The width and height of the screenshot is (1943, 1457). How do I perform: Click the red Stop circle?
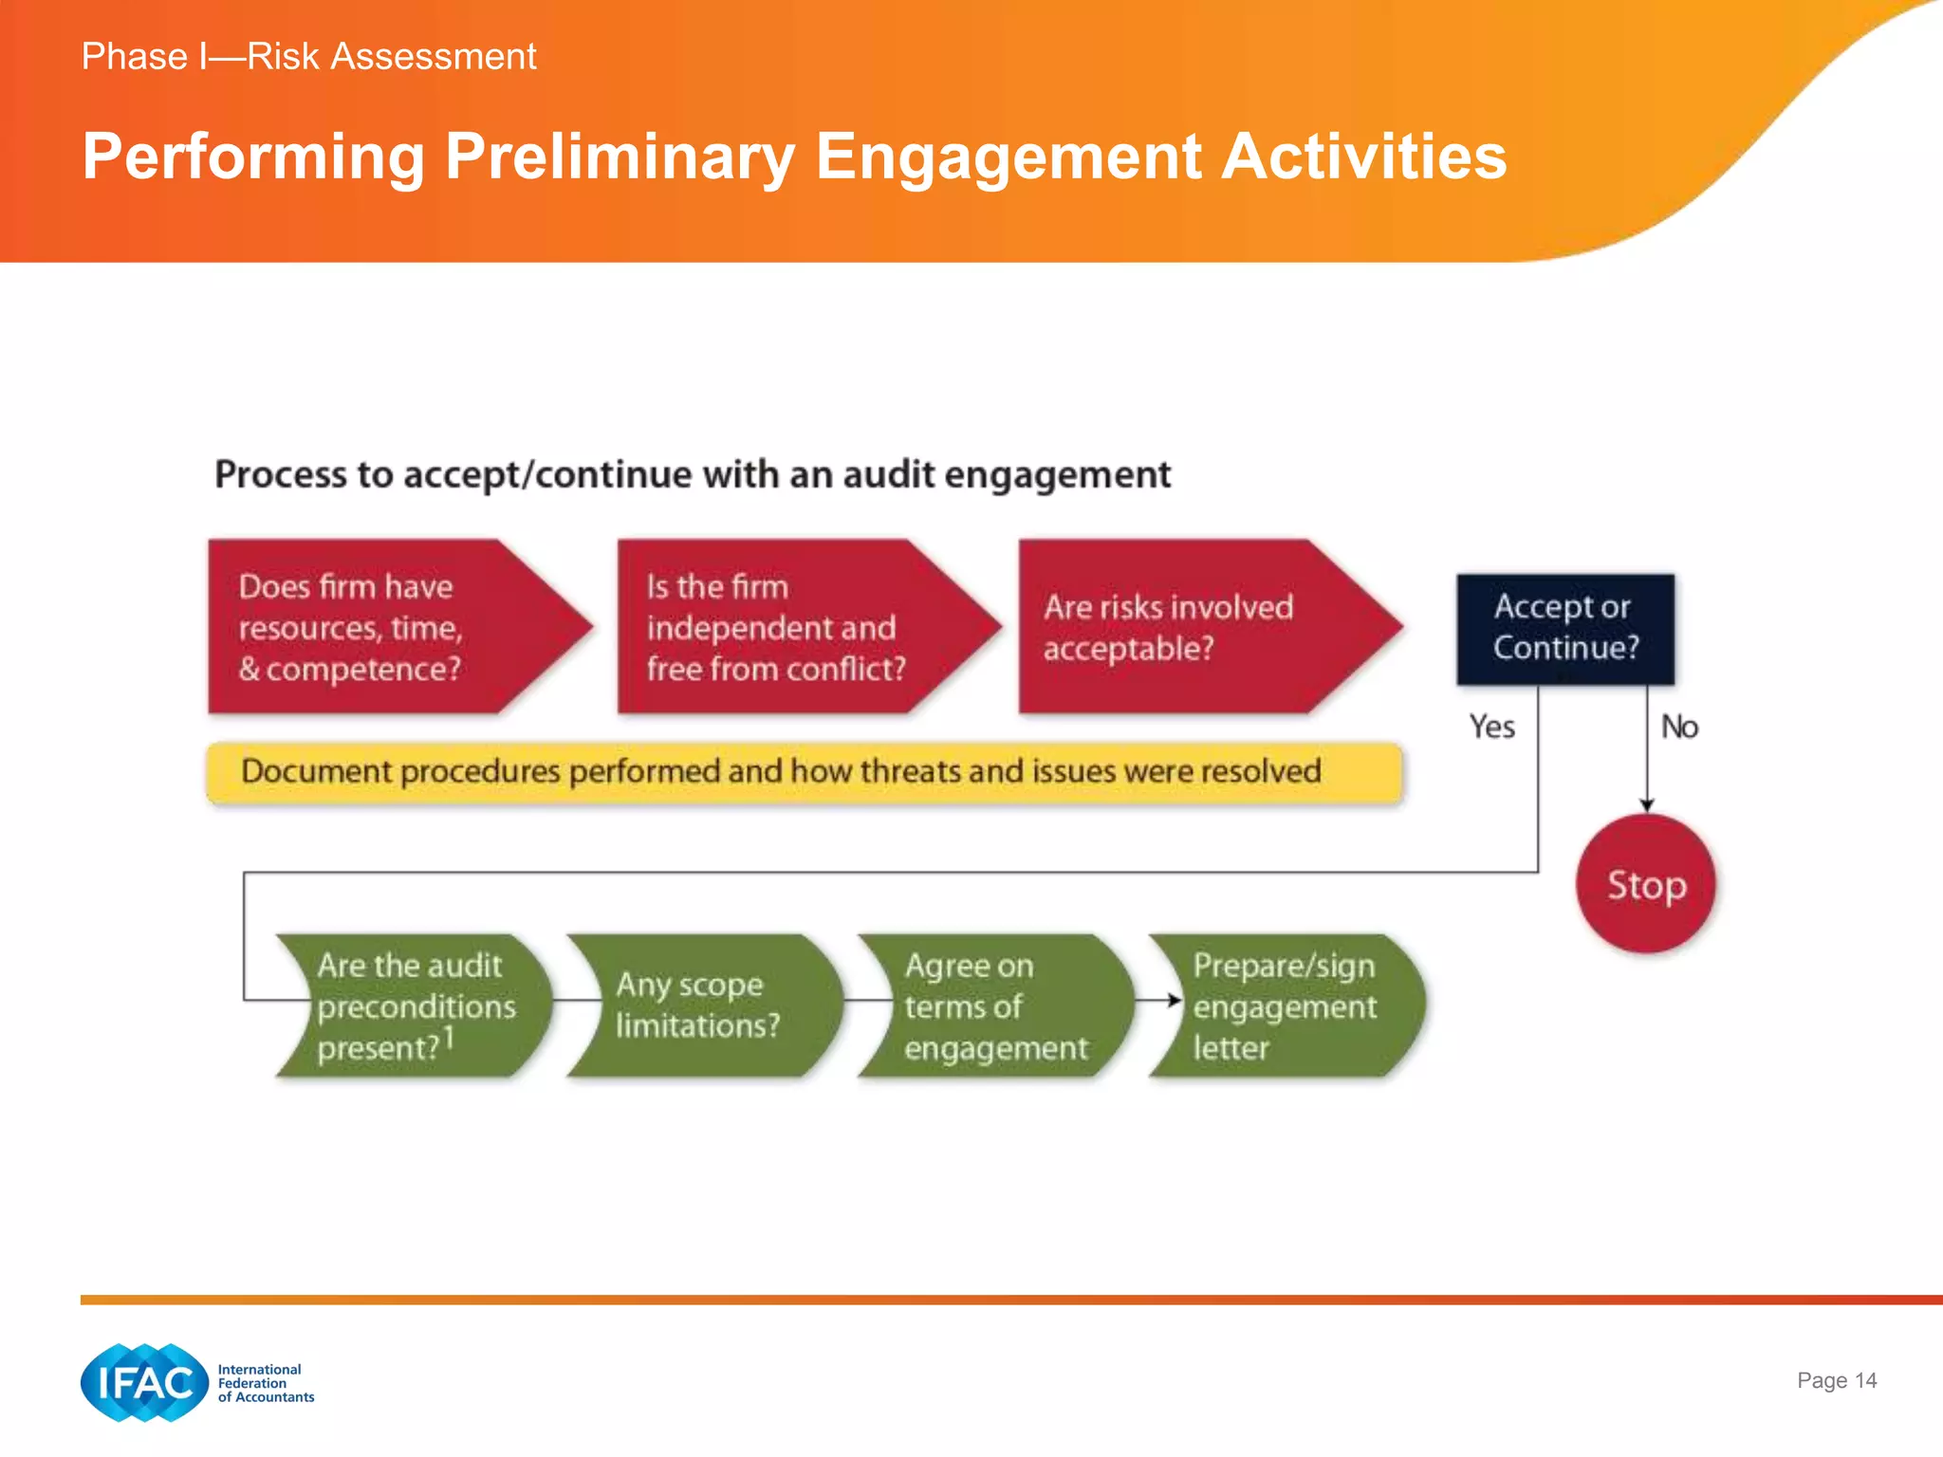pyautogui.click(x=1646, y=884)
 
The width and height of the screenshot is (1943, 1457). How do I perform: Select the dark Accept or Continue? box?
pyautogui.click(x=1565, y=628)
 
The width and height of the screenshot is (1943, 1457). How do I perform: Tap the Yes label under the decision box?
pyautogui.click(x=1491, y=727)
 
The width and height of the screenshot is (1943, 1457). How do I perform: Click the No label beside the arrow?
pyautogui.click(x=1678, y=727)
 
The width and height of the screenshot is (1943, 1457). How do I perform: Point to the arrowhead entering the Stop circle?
pyautogui.click(x=1647, y=805)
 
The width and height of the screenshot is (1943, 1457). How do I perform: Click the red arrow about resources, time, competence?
pyautogui.click(x=379, y=627)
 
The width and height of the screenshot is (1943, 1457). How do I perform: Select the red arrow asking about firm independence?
pyautogui.click(x=787, y=627)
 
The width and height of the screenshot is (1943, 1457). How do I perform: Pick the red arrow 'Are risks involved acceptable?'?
pyautogui.click(x=1186, y=627)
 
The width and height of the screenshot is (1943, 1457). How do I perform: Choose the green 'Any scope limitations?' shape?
pyautogui.click(x=702, y=1005)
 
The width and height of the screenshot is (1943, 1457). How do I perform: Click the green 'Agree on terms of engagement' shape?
pyautogui.click(x=991, y=1005)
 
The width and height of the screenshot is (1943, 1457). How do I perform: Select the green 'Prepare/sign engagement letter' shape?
pyautogui.click(x=1286, y=1005)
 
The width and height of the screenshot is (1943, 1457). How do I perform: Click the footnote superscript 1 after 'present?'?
pyautogui.click(x=450, y=1037)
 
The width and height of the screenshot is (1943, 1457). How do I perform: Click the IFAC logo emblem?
pyautogui.click(x=144, y=1382)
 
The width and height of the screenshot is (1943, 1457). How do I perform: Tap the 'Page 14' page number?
pyautogui.click(x=1836, y=1380)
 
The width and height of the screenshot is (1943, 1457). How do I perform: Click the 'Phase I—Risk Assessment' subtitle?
pyautogui.click(x=308, y=57)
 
